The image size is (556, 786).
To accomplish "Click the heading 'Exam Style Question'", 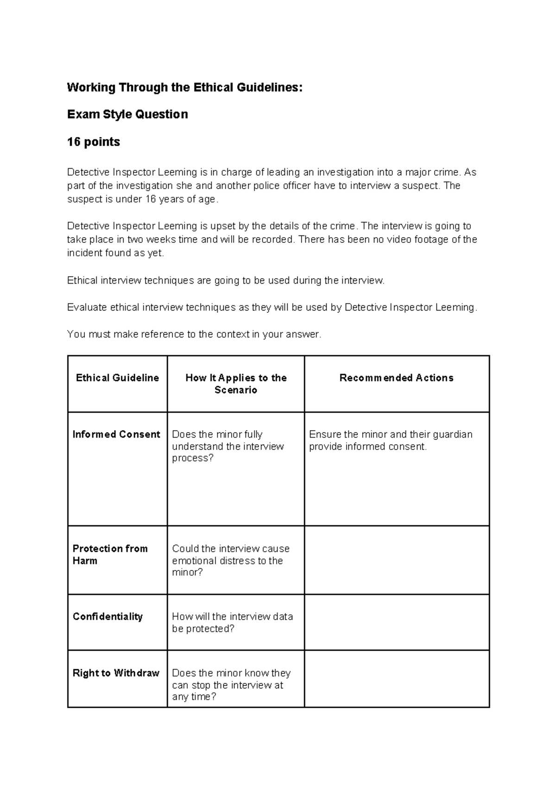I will coord(127,114).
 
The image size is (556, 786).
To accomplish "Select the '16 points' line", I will coord(94,142).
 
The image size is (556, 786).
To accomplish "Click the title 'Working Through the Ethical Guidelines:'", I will coord(184,87).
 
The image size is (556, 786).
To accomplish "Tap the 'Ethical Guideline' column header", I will coord(117,378).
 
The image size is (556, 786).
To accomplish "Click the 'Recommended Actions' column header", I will coord(396,378).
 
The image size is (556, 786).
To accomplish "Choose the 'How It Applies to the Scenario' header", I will coord(236,384).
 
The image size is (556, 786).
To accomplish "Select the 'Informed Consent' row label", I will coord(116,434).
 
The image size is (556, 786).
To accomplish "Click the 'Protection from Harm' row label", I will coord(110,554).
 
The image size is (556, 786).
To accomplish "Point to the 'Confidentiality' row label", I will coord(107,616).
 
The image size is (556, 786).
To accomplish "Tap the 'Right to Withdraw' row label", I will coord(116,673).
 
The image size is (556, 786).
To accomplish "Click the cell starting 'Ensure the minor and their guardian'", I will coord(391,440).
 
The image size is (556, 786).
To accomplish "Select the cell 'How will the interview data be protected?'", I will coord(232,622).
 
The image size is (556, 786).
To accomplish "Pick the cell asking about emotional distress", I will coord(230,560).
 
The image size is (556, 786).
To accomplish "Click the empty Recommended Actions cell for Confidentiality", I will coord(397,622).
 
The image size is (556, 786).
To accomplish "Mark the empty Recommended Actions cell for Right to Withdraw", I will coord(397,679).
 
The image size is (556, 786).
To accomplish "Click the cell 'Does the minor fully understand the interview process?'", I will coord(227,446).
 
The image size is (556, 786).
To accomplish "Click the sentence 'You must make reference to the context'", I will coord(194,334).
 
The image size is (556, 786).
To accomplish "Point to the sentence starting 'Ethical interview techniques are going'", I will coord(226,280).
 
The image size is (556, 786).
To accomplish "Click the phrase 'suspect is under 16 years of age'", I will coord(141,199).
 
